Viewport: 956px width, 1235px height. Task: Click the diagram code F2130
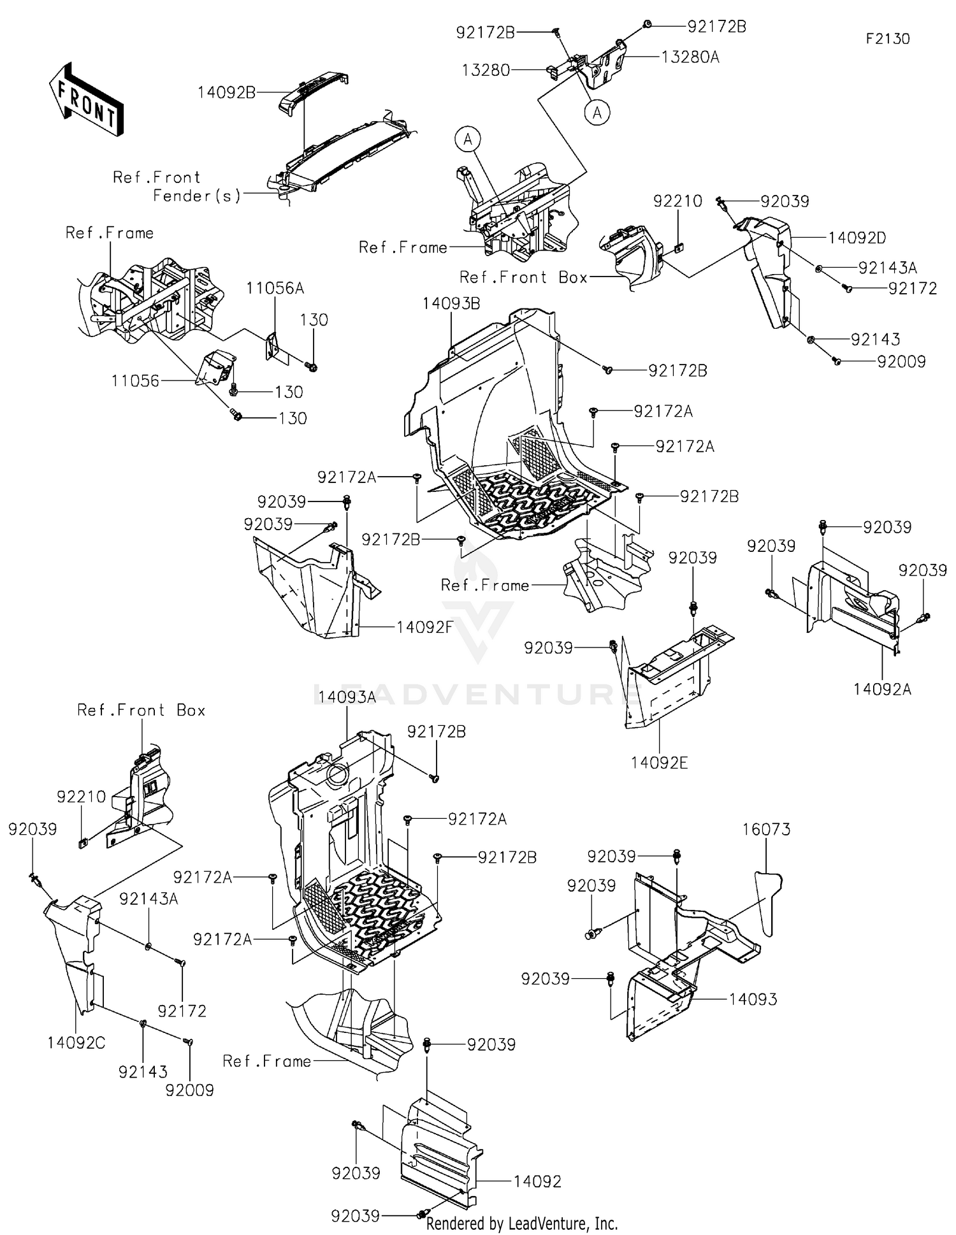pyautogui.click(x=887, y=39)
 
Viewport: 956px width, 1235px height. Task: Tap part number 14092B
pyautogui.click(x=226, y=92)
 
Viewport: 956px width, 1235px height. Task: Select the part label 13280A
pyautogui.click(x=690, y=57)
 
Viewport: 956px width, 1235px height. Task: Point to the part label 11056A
pyautogui.click(x=275, y=289)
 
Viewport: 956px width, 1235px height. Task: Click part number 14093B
pyautogui.click(x=451, y=304)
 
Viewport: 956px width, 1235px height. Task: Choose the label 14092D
pyautogui.click(x=857, y=238)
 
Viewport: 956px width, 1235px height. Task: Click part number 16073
pyautogui.click(x=766, y=830)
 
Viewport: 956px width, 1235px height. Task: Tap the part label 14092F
pyautogui.click(x=424, y=627)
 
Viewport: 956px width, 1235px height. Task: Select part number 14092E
pyautogui.click(x=660, y=763)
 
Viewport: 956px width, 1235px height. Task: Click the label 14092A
pyautogui.click(x=883, y=689)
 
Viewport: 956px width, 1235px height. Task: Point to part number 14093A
pyautogui.click(x=347, y=697)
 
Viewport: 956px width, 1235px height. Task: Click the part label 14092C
pyautogui.click(x=76, y=1043)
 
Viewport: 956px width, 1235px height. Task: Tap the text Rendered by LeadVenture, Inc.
pyautogui.click(x=521, y=1223)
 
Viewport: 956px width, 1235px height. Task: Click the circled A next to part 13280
pyautogui.click(x=597, y=113)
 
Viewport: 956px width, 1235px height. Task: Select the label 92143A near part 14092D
pyautogui.click(x=888, y=268)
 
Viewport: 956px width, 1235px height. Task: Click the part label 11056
pyautogui.click(x=135, y=381)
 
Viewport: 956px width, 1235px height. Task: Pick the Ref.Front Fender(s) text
pyautogui.click(x=177, y=187)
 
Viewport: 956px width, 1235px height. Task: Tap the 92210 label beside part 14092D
pyautogui.click(x=677, y=201)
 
